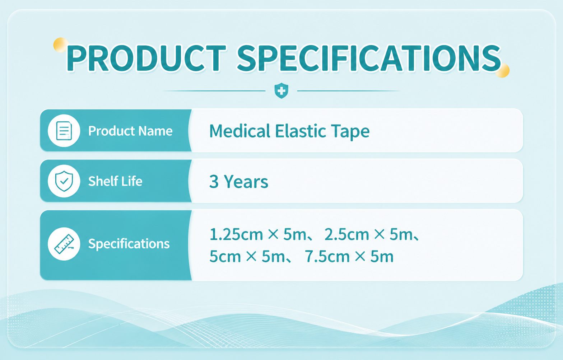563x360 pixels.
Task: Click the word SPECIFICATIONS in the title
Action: tap(369, 58)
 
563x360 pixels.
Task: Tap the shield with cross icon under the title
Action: tap(281, 90)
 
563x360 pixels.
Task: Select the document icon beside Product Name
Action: tap(64, 131)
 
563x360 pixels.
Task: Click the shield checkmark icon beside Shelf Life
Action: tap(64, 181)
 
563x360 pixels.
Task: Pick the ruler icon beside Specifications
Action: tap(64, 244)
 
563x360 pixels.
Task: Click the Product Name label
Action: tap(130, 131)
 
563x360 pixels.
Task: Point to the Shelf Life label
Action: tap(115, 181)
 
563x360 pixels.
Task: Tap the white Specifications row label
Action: tap(129, 244)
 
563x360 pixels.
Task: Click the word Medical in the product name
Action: tap(240, 131)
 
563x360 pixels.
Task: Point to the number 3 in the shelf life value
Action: tap(214, 182)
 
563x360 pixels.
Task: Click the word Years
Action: tap(246, 182)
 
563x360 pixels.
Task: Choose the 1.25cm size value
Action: tap(236, 234)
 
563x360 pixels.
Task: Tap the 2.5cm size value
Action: tap(347, 234)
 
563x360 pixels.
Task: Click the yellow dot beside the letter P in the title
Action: tap(60, 45)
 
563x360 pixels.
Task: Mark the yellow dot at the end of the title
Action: tap(502, 70)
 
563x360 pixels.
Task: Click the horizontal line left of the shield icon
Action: tap(214, 91)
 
